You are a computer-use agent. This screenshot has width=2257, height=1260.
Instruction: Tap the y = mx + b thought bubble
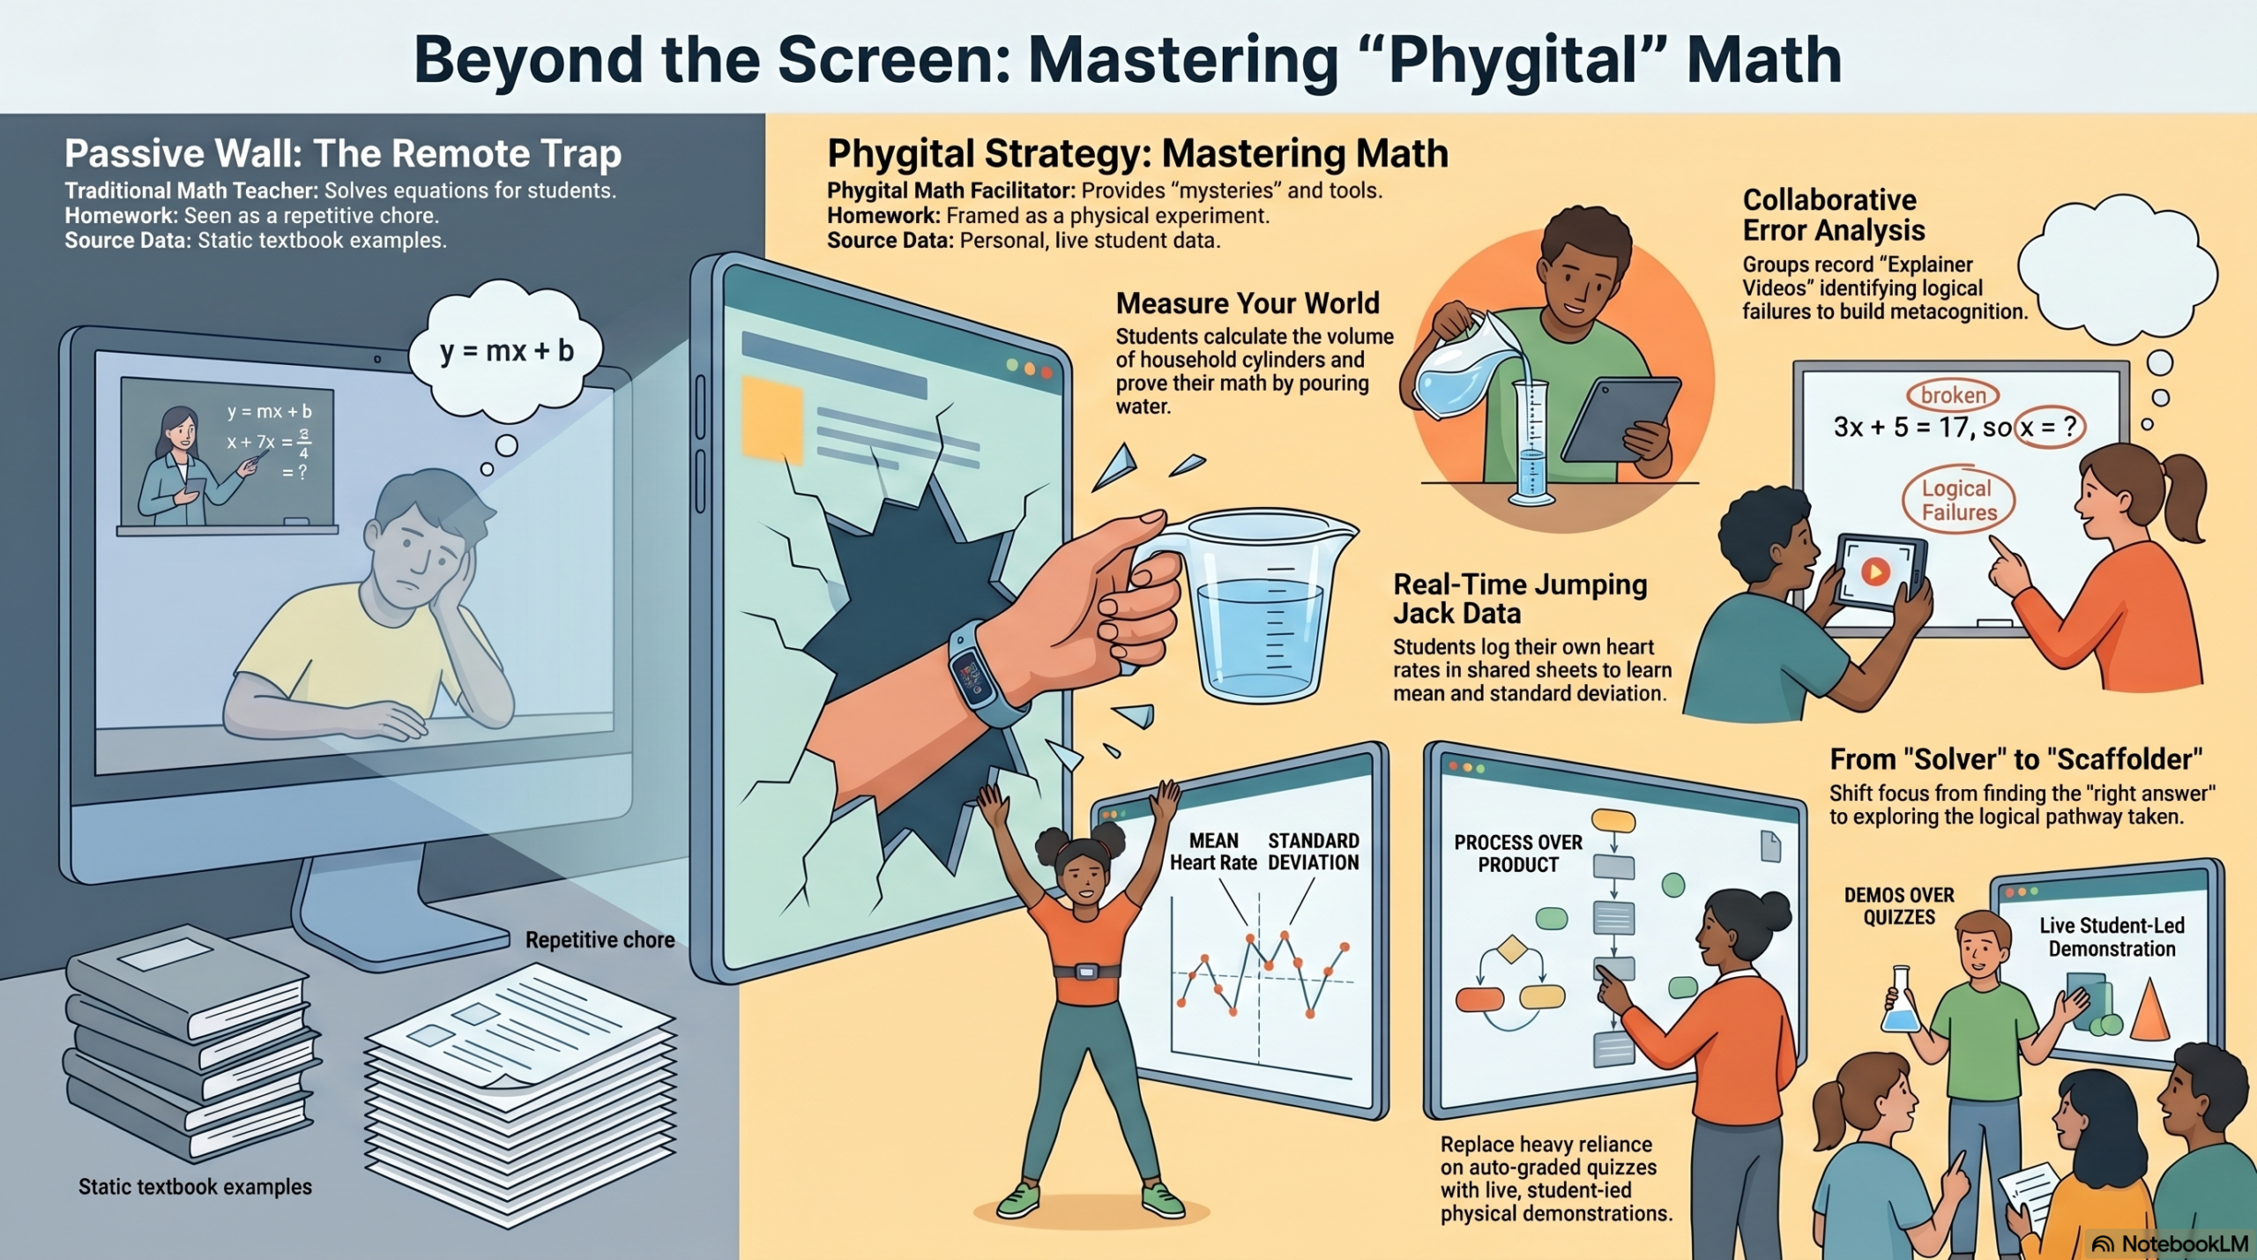coord(506,350)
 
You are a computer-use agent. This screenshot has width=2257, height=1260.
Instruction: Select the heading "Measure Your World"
coord(1248,303)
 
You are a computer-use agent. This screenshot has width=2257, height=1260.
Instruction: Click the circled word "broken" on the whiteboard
coord(1953,395)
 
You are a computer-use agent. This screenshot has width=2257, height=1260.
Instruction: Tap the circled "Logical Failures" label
coord(1958,500)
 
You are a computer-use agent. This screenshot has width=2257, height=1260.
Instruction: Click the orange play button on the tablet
coord(1875,572)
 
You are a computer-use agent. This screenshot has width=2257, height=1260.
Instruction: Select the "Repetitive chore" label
coord(600,940)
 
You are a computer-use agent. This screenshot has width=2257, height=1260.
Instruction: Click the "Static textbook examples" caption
coord(195,1187)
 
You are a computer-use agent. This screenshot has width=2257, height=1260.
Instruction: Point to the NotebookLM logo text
coord(2184,1243)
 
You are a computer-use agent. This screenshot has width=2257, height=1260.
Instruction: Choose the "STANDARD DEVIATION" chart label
coord(1313,852)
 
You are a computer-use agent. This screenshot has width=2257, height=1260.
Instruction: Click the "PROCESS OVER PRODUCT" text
coord(1518,854)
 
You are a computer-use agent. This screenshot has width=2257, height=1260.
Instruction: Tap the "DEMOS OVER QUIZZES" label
coord(1899,906)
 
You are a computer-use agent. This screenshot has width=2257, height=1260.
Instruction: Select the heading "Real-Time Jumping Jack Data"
coord(1520,599)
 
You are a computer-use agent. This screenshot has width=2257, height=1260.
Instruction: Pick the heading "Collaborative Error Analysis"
coord(1833,215)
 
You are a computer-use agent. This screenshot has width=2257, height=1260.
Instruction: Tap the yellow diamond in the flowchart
coord(1512,949)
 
